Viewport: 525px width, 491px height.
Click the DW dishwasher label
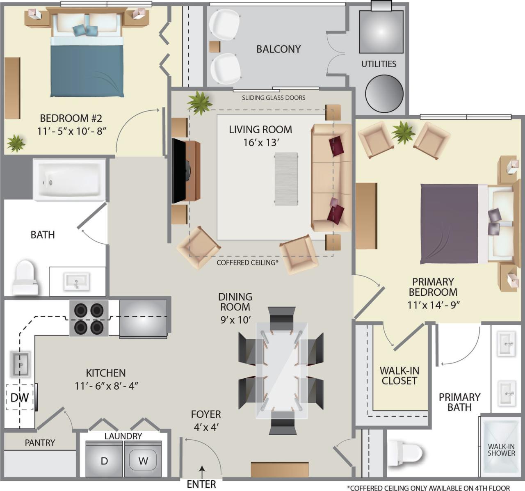19,397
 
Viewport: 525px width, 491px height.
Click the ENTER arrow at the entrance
202,469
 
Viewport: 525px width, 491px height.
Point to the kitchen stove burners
89,318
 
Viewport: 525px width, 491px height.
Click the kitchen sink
20,364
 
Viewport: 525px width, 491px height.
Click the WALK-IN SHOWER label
501,450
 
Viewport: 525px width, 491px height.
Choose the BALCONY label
278,49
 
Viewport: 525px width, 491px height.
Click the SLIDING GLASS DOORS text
273,98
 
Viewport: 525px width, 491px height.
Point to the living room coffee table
286,178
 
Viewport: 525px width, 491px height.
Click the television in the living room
179,171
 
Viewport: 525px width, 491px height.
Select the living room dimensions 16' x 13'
260,142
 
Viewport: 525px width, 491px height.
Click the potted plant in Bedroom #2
16,143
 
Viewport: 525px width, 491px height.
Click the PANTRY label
40,443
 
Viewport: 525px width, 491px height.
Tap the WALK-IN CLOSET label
399,375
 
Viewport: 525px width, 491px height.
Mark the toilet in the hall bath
25,277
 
